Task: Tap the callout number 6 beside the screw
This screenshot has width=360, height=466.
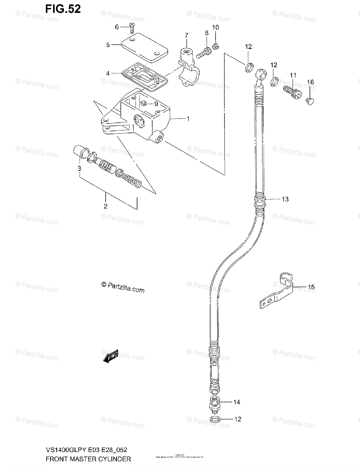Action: (x=117, y=27)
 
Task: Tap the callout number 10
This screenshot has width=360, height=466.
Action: (x=216, y=27)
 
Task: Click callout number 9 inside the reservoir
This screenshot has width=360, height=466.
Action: (x=156, y=104)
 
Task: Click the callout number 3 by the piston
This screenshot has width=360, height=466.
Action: (x=79, y=168)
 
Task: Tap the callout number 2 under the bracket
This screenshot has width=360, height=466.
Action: (x=105, y=206)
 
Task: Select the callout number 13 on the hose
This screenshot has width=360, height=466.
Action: (x=285, y=199)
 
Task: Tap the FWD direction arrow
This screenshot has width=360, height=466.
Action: (x=111, y=356)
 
